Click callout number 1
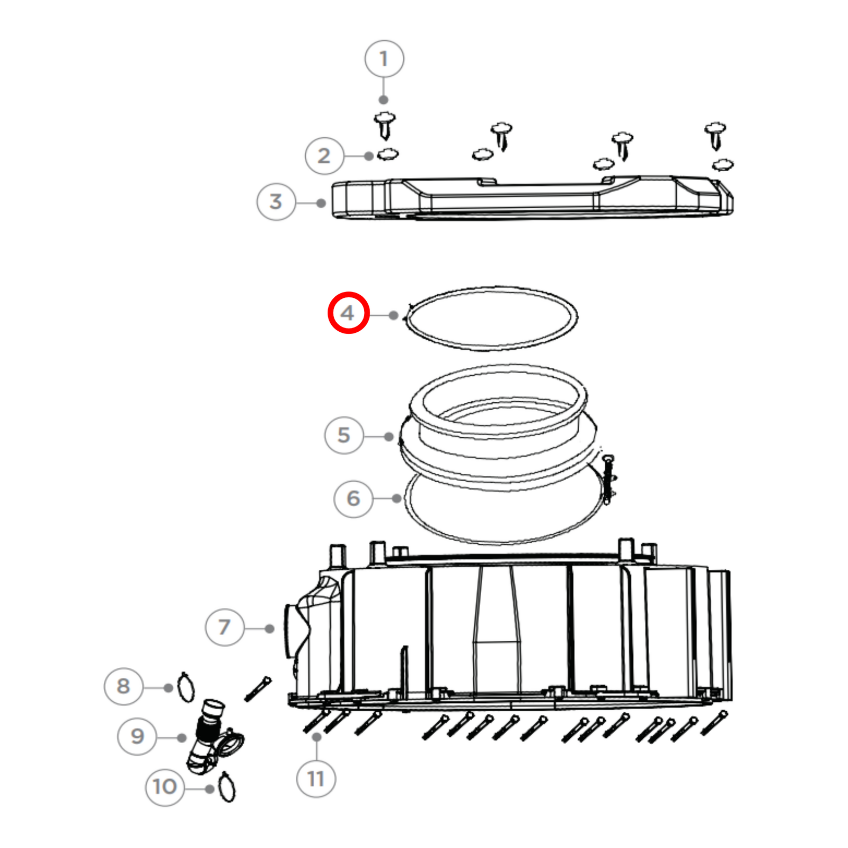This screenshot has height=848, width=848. click(384, 59)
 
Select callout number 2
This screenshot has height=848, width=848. click(324, 156)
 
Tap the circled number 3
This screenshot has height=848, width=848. click(276, 201)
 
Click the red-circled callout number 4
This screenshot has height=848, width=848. click(348, 313)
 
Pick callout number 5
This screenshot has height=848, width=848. click(344, 435)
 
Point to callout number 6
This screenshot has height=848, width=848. click(354, 498)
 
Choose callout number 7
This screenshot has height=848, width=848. click(225, 627)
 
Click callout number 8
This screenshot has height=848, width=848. click(123, 686)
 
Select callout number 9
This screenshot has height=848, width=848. click(137, 736)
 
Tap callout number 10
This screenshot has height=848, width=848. click(165, 787)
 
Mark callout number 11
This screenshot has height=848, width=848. click(316, 779)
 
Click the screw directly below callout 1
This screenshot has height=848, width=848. click(385, 125)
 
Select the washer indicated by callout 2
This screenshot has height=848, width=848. click(388, 154)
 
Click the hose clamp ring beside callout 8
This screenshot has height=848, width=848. click(185, 687)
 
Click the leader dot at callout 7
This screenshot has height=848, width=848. click(270, 629)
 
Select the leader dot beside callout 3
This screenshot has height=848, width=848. click(321, 203)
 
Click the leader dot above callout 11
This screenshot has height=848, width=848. click(317, 737)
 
